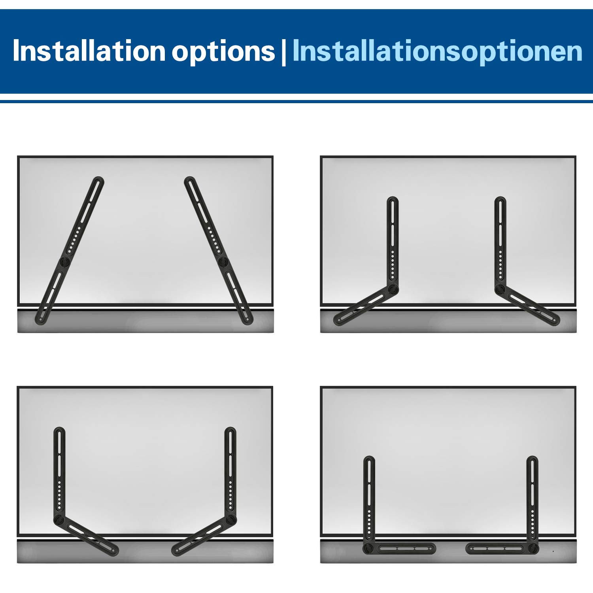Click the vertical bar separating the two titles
point(283,52)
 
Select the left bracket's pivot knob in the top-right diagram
point(392,289)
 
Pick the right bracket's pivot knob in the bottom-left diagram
point(230,519)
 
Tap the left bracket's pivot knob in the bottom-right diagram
point(369,548)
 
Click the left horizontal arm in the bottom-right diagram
point(403,548)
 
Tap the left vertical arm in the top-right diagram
point(393,243)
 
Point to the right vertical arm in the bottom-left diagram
point(230,474)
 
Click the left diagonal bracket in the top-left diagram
point(70,251)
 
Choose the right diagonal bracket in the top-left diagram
point(219,251)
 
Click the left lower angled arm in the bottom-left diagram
point(86,536)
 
